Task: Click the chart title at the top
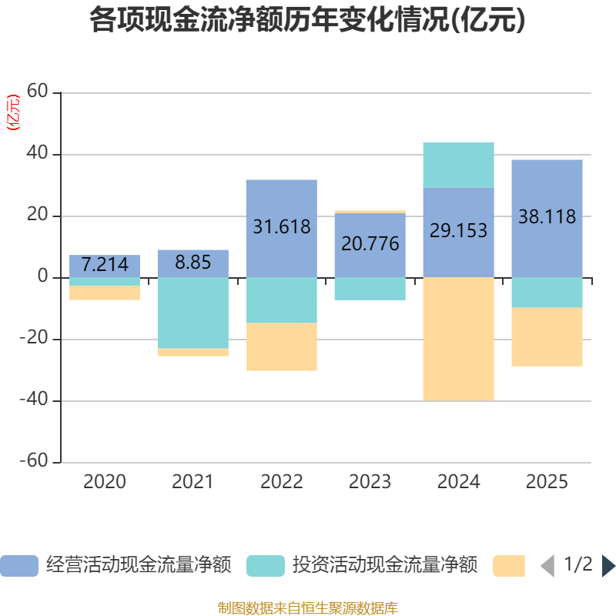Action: click(x=307, y=21)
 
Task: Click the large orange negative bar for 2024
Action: click(x=458, y=339)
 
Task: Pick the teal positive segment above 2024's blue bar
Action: click(x=458, y=164)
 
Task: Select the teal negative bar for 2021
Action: click(x=192, y=313)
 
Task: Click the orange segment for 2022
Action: click(x=281, y=346)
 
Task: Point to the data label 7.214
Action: click(x=105, y=265)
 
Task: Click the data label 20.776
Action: click(x=370, y=244)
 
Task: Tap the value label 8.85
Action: click(x=192, y=262)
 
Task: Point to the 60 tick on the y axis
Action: click(x=38, y=92)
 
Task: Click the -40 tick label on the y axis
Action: click(x=33, y=400)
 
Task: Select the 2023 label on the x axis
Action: click(x=370, y=482)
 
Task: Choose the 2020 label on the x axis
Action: click(x=105, y=482)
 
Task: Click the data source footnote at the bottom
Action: click(x=307, y=608)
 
